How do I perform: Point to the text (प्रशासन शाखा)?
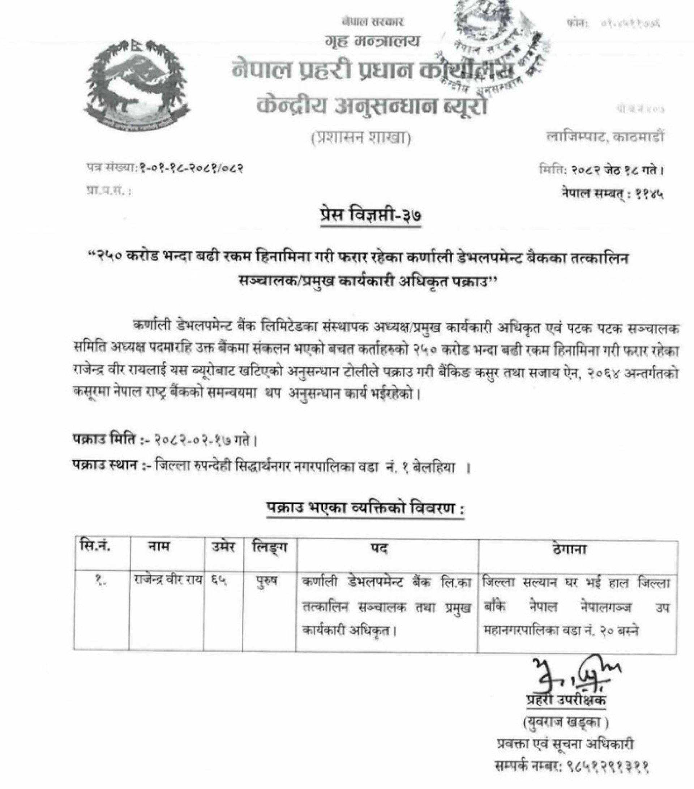361,138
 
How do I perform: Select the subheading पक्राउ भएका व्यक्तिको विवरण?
365,510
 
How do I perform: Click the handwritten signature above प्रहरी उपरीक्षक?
575,674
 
